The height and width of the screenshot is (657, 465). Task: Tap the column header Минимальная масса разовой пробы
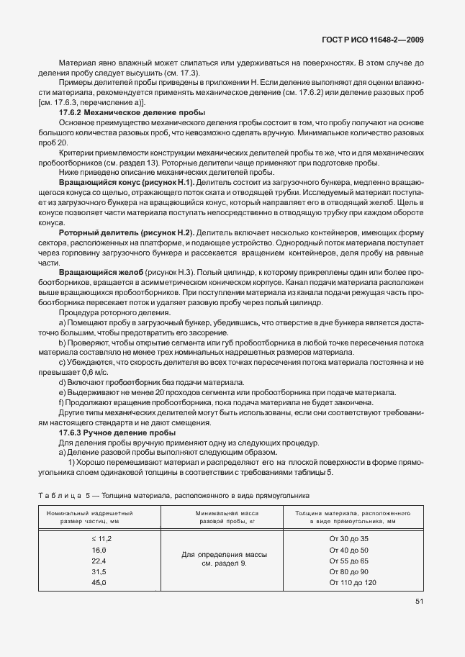(x=227, y=517)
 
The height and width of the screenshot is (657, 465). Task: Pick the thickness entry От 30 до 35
(x=348, y=538)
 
